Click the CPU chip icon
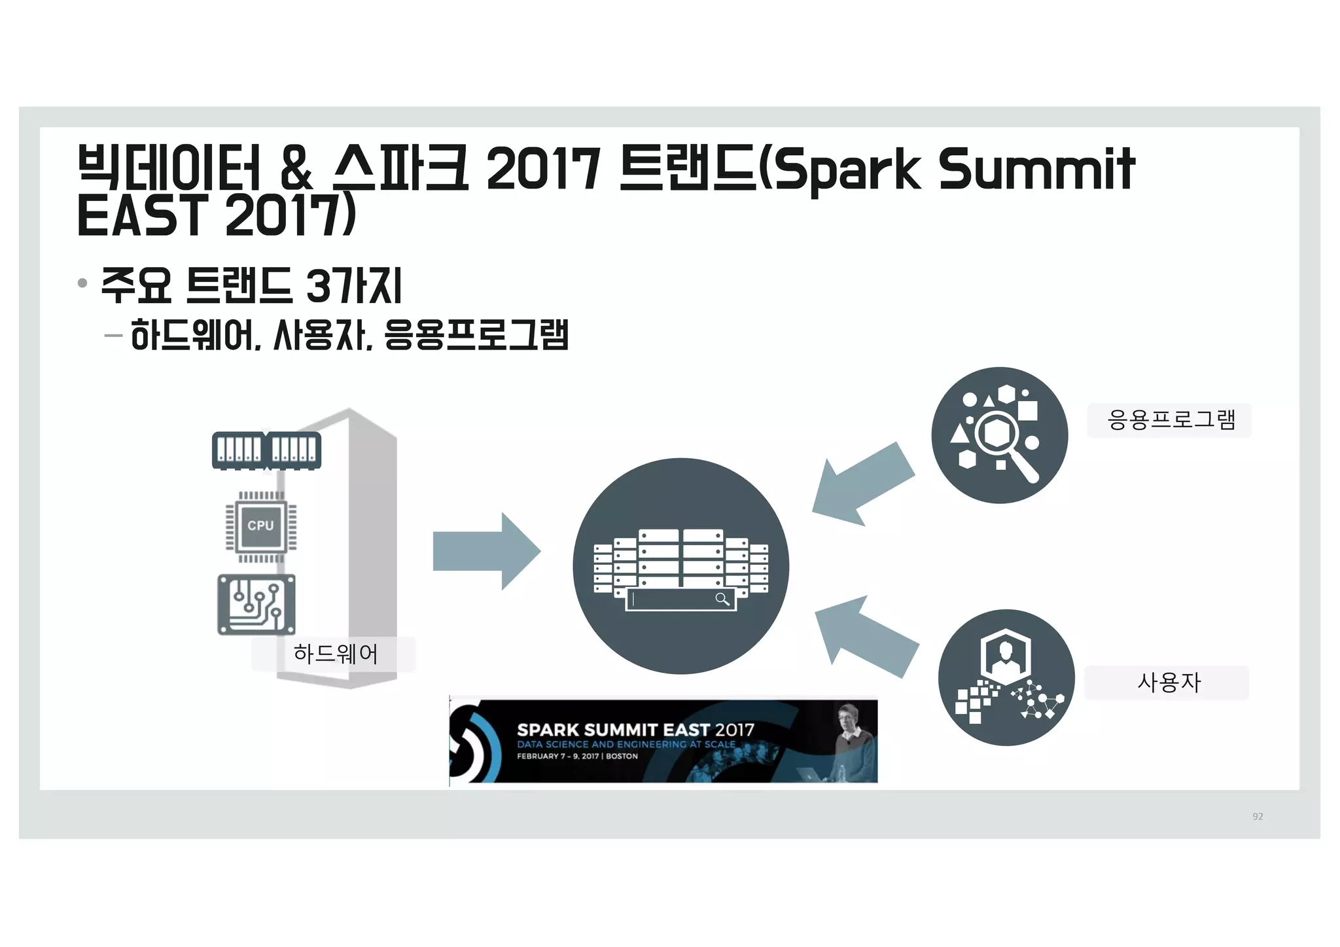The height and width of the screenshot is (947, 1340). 260,526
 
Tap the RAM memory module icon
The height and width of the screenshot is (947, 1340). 266,450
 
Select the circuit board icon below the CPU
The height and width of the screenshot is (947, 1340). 256,605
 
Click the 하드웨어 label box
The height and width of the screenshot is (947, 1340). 334,654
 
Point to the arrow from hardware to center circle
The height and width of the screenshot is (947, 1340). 486,551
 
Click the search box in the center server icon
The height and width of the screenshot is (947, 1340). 680,599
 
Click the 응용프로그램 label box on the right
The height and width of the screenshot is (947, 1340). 1170,420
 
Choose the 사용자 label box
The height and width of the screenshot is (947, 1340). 1168,683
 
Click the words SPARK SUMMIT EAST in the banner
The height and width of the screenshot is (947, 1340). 613,730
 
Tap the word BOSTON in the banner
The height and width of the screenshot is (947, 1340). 622,756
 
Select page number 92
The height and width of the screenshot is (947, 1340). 1258,816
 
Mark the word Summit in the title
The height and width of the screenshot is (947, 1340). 1037,169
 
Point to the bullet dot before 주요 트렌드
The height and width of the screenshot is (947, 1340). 82,283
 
